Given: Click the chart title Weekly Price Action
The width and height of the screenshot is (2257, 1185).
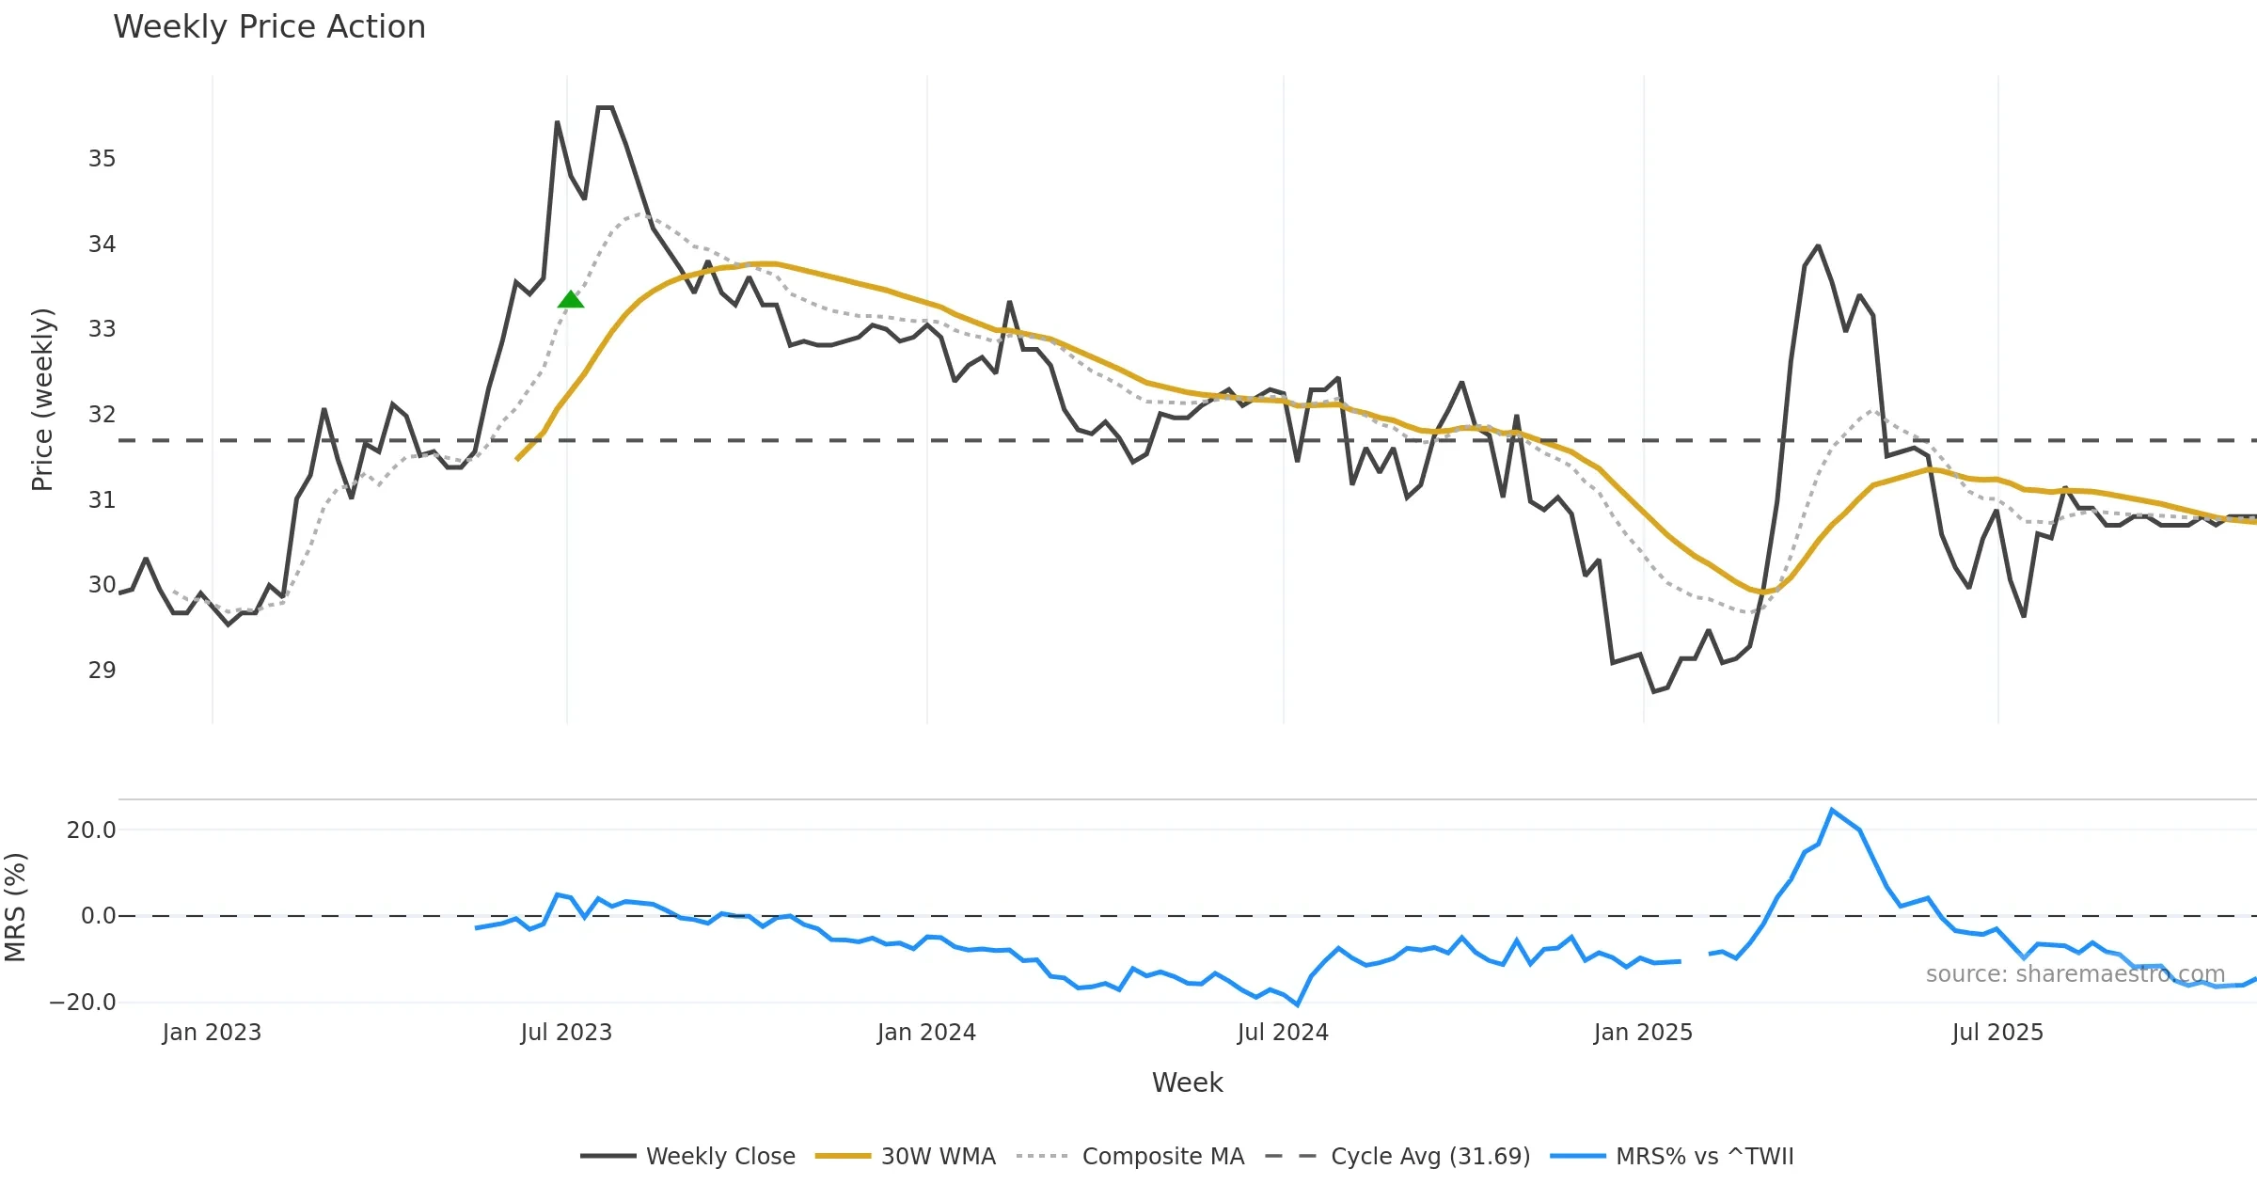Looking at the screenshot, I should tap(269, 27).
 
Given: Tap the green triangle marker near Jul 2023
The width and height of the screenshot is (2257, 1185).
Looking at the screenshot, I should tap(571, 300).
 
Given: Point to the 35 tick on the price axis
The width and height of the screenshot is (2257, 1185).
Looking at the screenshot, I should tap(103, 159).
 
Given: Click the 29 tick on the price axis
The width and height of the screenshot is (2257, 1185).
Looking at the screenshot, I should tap(103, 671).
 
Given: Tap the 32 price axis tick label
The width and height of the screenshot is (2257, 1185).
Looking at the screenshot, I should tap(103, 415).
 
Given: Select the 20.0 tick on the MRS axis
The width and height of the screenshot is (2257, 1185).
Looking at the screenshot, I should tap(91, 830).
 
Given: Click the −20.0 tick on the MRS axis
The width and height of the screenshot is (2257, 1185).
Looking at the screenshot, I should tap(83, 1003).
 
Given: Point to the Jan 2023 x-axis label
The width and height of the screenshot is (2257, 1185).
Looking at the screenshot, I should tap(212, 1033).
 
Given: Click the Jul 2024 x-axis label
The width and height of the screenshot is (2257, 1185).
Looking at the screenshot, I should tap(1283, 1033).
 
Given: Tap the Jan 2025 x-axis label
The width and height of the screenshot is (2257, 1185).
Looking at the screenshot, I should tap(1643, 1033).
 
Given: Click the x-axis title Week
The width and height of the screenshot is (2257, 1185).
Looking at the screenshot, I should tap(1187, 1083).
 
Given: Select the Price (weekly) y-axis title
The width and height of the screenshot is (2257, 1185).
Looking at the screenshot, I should tap(42, 400).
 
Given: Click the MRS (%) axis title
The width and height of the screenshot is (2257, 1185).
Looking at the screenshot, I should tap(16, 908).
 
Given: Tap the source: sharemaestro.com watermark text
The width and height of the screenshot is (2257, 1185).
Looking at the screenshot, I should tap(2075, 974).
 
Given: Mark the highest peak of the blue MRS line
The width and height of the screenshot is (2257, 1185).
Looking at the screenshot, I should tap(1832, 810).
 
